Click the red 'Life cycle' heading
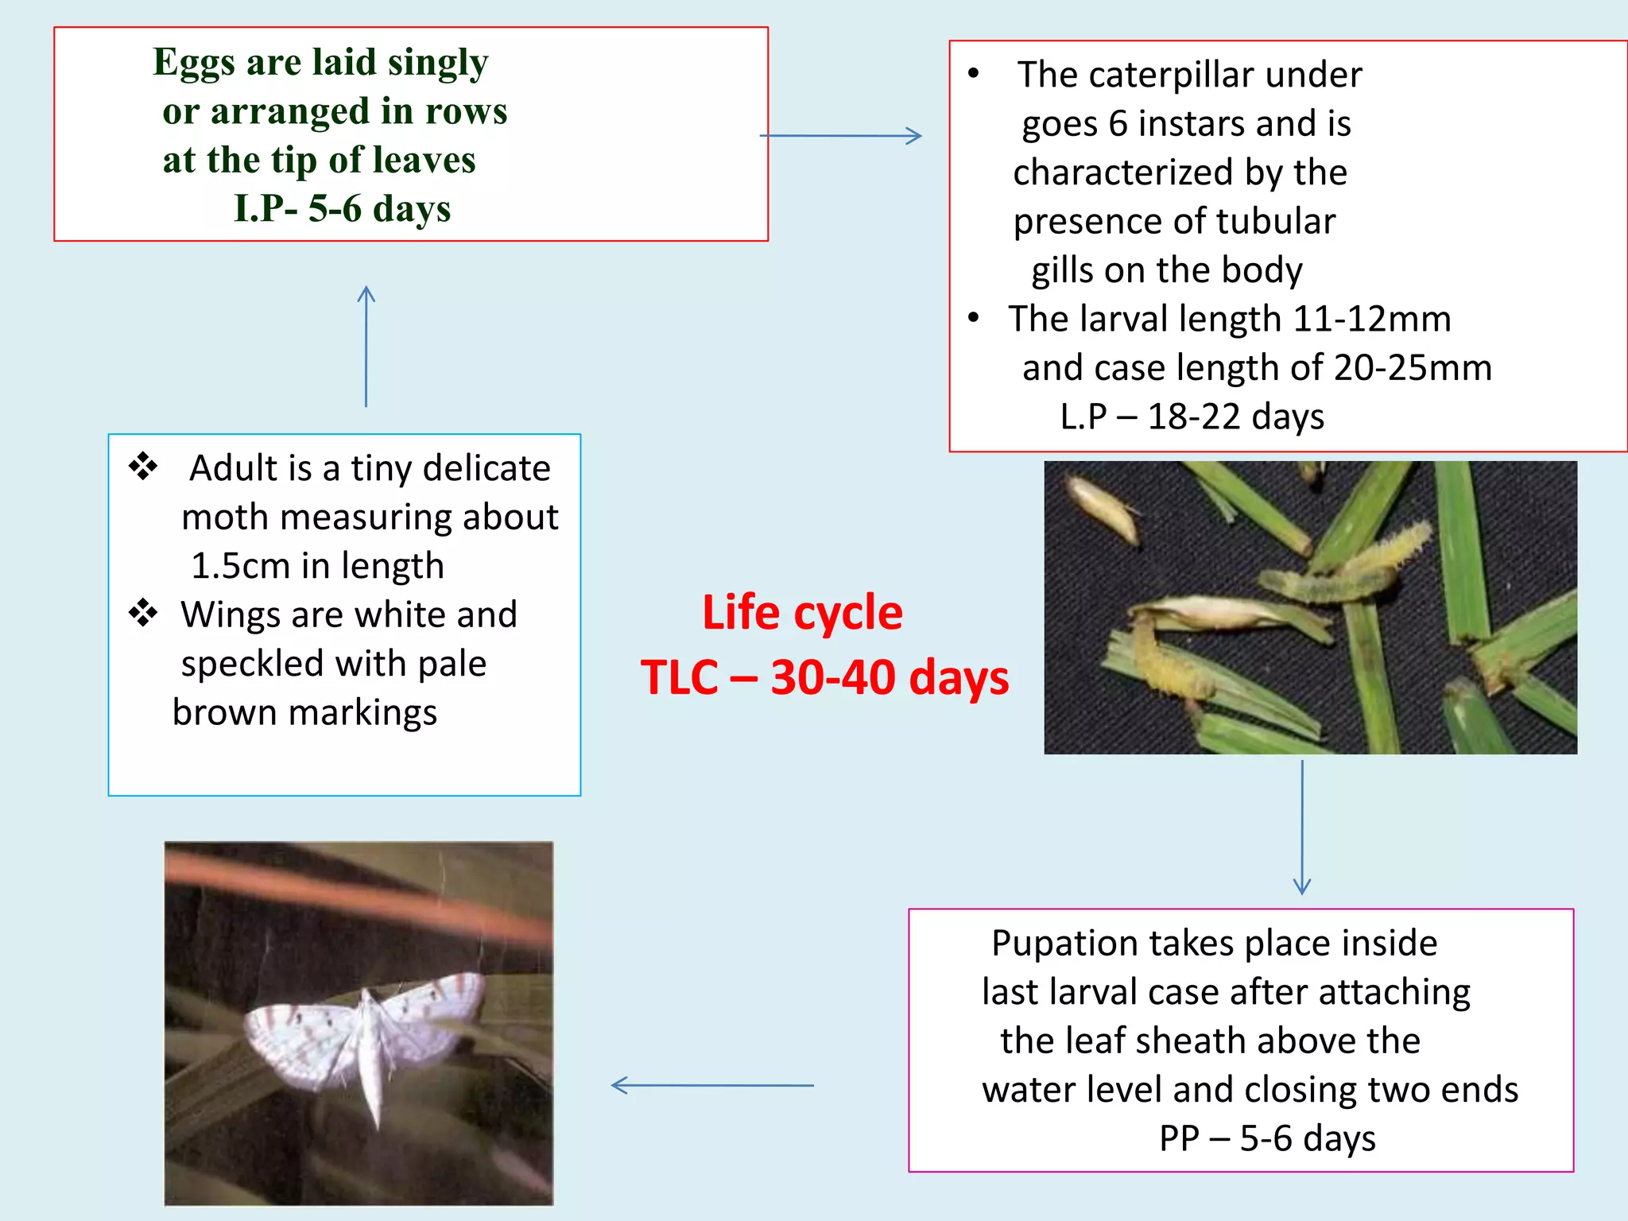pos(802,613)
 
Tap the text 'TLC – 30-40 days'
pos(824,678)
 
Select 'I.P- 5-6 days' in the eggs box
pos(342,208)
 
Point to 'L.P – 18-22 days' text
pos(1192,417)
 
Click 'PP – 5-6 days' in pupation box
pos(1267,1138)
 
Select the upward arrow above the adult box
pos(366,346)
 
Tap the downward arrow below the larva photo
pos(1302,828)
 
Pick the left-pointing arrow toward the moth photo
pos(711,1085)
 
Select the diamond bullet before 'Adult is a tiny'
pos(144,467)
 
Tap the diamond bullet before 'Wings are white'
pos(144,613)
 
